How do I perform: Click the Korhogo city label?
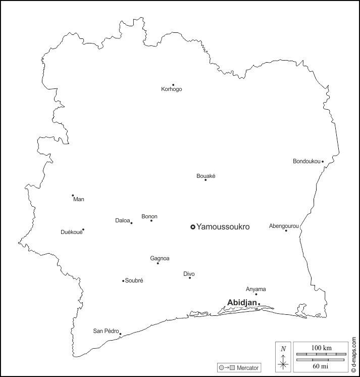pyautogui.click(x=172, y=89)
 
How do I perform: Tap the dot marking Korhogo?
pyautogui.click(x=173, y=85)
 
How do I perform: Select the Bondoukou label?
pyautogui.click(x=306, y=162)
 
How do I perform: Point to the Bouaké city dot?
pyautogui.click(x=205, y=180)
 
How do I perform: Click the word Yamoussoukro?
pyautogui.click(x=223, y=227)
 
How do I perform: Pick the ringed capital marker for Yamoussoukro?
pyautogui.click(x=192, y=227)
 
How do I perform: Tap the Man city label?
pyautogui.click(x=79, y=199)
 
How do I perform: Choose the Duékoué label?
pyautogui.click(x=71, y=232)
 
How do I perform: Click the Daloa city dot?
pyautogui.click(x=131, y=223)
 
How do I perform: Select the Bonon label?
pyautogui.click(x=149, y=216)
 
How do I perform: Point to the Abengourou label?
pyautogui.click(x=284, y=225)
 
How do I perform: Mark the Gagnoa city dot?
pyautogui.click(x=158, y=263)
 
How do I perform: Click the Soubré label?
pyautogui.click(x=134, y=280)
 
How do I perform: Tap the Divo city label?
pyautogui.click(x=189, y=274)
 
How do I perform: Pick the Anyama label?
pyautogui.click(x=255, y=289)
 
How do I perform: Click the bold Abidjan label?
pyautogui.click(x=242, y=302)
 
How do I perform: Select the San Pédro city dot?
pyautogui.click(x=120, y=334)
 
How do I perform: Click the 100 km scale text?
pyautogui.click(x=321, y=348)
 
